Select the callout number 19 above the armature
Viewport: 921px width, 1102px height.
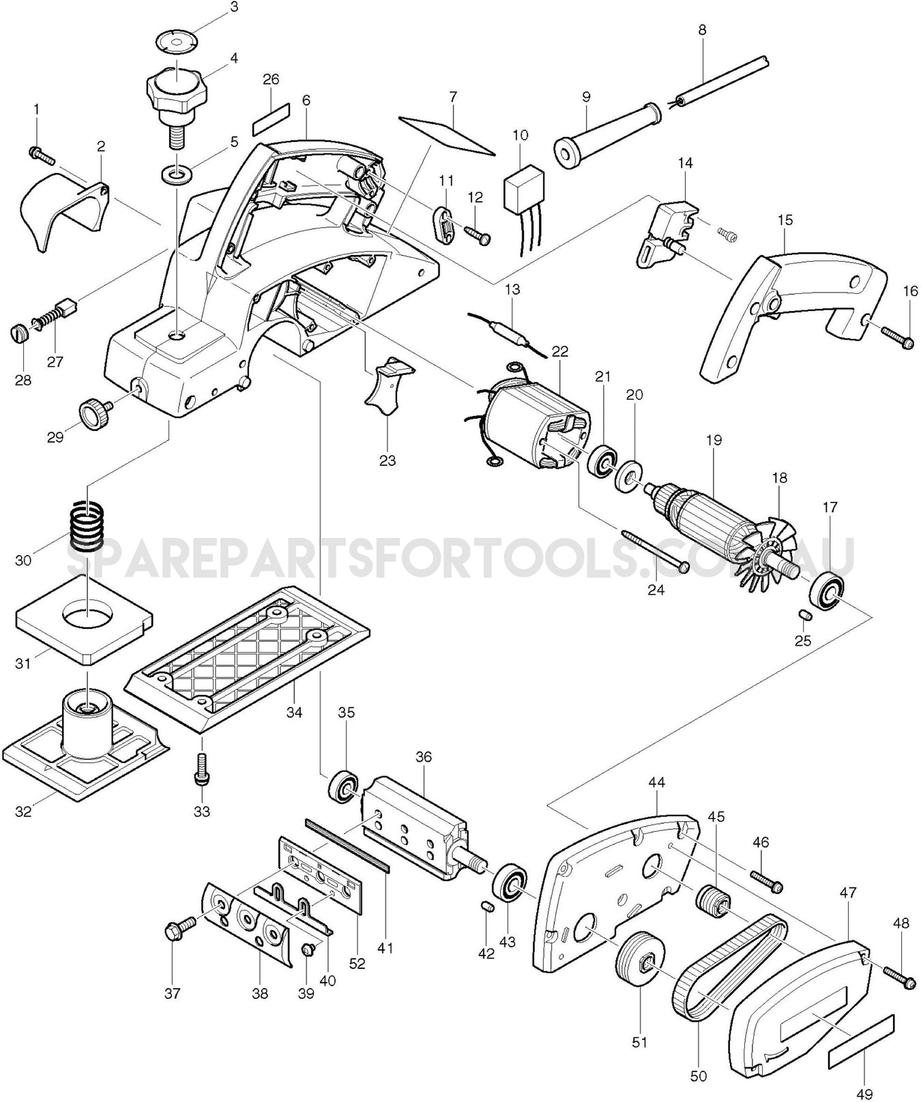(x=714, y=441)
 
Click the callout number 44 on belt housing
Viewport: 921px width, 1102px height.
(x=656, y=783)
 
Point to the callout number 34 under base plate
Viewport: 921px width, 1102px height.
(x=294, y=713)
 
